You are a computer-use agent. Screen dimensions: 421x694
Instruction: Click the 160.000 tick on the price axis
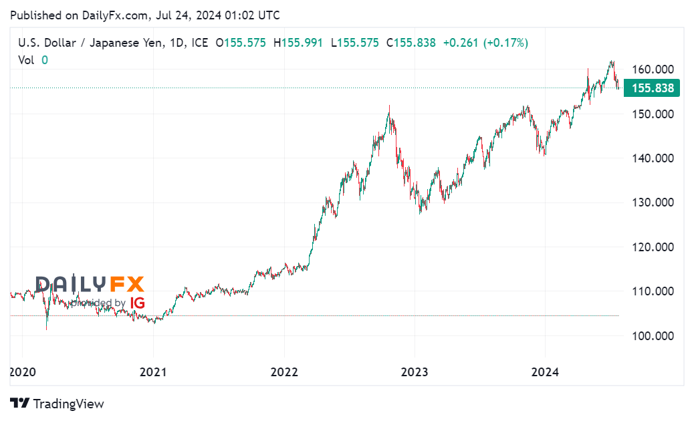[652, 69]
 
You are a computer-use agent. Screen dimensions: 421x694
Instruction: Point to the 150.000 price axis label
[652, 114]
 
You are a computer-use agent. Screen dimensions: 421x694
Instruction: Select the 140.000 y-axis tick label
[652, 158]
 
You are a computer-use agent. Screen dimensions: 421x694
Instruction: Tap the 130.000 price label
[652, 202]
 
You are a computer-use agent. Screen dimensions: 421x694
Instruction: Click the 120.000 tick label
[652, 247]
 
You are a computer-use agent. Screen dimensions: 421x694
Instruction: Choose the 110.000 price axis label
[652, 291]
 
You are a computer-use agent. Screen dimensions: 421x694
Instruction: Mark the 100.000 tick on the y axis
[652, 335]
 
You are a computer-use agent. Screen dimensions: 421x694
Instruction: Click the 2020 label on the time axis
[21, 372]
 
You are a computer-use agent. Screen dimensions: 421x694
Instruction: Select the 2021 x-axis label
[153, 372]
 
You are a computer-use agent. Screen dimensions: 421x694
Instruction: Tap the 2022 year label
[284, 372]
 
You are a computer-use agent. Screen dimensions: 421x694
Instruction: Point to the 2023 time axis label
[415, 372]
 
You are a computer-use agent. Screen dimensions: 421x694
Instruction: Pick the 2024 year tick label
[545, 372]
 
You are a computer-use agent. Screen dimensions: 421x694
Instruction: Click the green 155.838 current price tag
[652, 88]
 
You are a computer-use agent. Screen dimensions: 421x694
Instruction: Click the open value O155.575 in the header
[241, 43]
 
